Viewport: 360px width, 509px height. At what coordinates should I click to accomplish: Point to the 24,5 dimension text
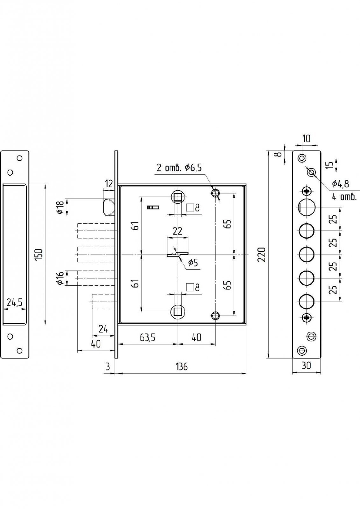[x=14, y=303]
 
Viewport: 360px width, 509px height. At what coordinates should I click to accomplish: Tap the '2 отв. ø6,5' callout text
[x=179, y=168]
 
